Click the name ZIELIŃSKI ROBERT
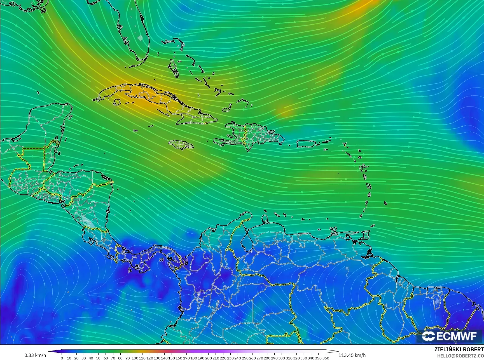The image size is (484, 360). (x=459, y=349)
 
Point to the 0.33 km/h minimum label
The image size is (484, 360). (x=35, y=355)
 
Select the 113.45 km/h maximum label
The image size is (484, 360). (x=352, y=355)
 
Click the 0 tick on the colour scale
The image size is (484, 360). (x=62, y=358)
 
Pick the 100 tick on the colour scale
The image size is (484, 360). (x=135, y=358)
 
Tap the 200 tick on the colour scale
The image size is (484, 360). (x=208, y=358)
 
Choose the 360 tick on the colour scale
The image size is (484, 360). (x=326, y=358)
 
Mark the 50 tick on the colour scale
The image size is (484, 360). (x=98, y=358)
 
